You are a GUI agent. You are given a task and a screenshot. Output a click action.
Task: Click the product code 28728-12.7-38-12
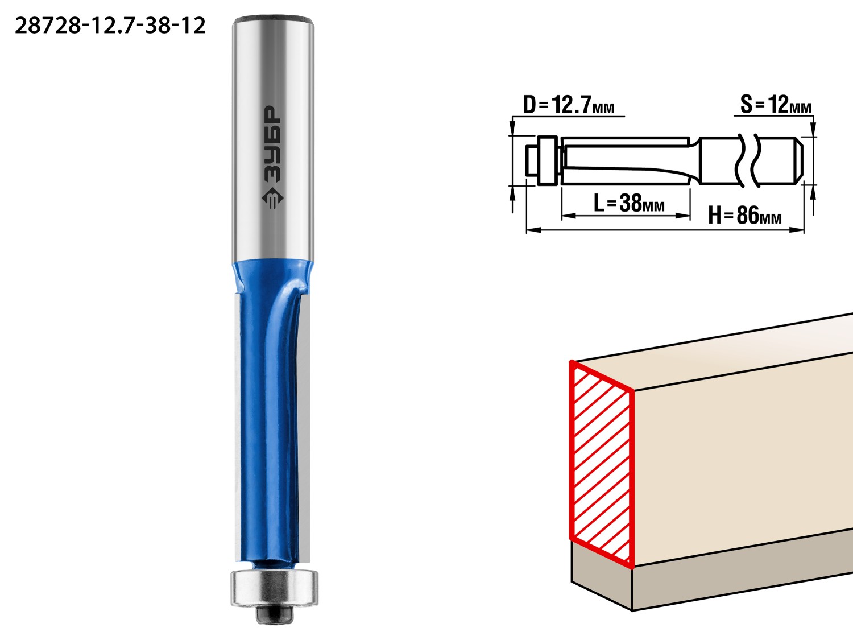click(x=110, y=26)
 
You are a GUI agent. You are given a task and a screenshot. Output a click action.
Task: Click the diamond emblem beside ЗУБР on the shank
click(x=272, y=198)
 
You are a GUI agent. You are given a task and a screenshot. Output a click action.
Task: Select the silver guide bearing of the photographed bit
click(x=274, y=588)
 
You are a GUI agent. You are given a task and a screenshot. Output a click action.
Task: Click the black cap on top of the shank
click(x=274, y=19)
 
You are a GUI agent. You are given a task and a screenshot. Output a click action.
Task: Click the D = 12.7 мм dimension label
click(x=569, y=105)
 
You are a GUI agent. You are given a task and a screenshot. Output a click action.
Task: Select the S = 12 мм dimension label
click(x=776, y=104)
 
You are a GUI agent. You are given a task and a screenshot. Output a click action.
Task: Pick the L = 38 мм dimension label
click(x=629, y=203)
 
